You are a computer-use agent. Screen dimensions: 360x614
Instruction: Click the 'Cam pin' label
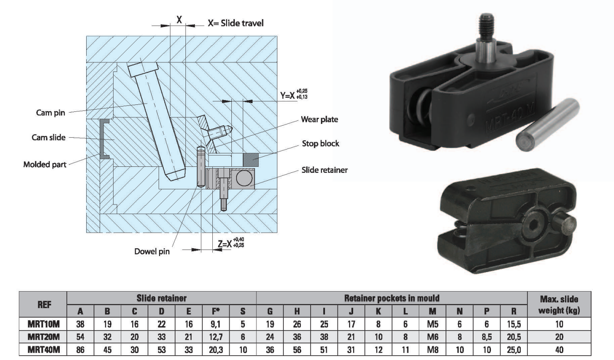[50, 113]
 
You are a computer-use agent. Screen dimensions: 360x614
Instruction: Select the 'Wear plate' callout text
[319, 119]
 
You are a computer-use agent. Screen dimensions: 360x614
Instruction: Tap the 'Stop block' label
[320, 143]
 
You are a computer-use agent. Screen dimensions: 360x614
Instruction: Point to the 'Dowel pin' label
[152, 251]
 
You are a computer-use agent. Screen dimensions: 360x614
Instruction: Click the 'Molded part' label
[45, 165]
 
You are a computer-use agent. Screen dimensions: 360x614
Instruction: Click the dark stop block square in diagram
[251, 159]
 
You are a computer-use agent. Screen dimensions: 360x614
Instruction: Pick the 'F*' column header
[216, 311]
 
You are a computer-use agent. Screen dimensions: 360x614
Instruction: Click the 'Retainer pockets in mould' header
[391, 298]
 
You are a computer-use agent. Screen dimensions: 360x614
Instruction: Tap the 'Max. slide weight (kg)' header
[559, 305]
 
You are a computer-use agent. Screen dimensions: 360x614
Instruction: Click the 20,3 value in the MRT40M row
[215, 349]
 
